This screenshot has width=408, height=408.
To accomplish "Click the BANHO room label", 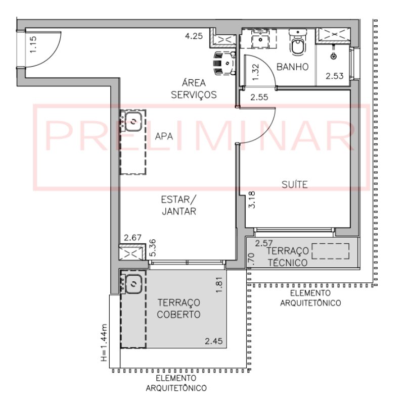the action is click(x=292, y=67).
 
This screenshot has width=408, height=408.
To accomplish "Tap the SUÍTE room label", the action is click(x=295, y=184).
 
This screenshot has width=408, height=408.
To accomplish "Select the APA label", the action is click(x=164, y=136).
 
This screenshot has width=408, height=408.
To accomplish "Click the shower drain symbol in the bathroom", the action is click(x=333, y=56).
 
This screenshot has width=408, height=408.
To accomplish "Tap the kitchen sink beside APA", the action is click(x=133, y=121).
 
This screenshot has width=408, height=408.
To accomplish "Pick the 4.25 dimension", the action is click(x=194, y=36).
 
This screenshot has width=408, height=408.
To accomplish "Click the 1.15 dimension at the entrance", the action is click(x=33, y=44).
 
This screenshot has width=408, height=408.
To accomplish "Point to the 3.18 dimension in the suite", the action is click(x=252, y=199).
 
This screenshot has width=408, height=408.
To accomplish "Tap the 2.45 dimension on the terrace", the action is click(x=214, y=341).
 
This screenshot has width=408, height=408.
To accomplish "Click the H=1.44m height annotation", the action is click(x=104, y=343).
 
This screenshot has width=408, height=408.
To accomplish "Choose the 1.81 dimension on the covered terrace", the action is click(x=219, y=285).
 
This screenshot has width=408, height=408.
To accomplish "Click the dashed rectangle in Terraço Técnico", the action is click(x=330, y=251).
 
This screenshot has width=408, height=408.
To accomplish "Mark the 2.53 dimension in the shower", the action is click(x=335, y=76).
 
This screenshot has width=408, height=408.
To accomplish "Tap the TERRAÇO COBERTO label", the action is click(x=179, y=309).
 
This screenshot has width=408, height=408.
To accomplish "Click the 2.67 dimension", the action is click(x=132, y=237).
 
